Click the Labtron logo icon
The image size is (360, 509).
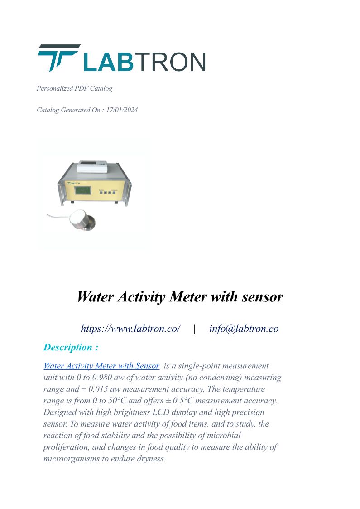pos(58,58)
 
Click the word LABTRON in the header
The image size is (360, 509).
pos(144,62)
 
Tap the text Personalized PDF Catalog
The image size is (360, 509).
pos(74,88)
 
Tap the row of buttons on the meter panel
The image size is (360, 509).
pos(107,193)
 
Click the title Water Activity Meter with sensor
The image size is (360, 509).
pos(180,297)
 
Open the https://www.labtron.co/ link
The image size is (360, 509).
pos(130,329)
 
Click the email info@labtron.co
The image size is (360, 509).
pos(244,329)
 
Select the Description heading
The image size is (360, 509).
pos(71,348)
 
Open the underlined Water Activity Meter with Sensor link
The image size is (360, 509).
pos(101,366)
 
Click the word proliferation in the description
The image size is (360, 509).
pos(67,447)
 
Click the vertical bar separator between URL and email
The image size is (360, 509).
pos(194,329)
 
